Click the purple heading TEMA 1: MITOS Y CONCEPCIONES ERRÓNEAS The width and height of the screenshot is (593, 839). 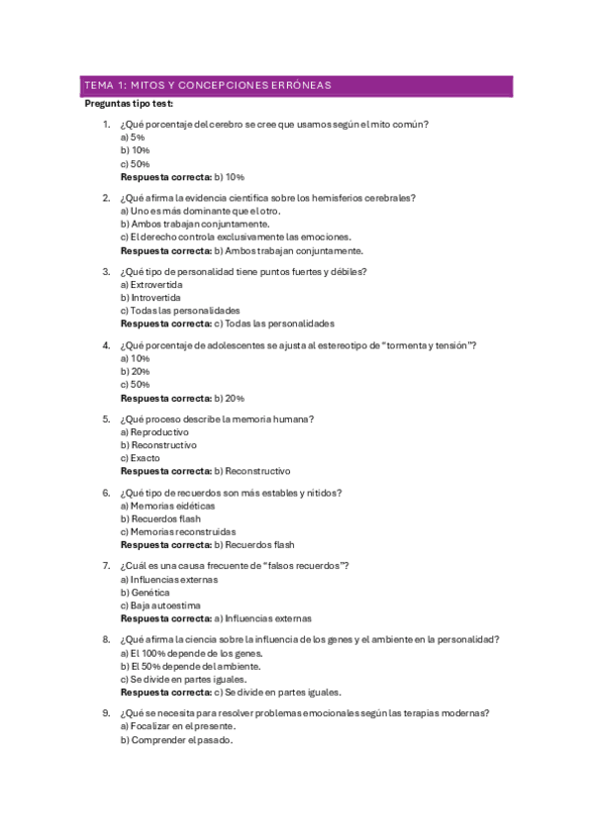(x=207, y=86)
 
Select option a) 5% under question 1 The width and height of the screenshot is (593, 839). (x=133, y=138)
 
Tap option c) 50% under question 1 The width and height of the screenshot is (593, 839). (x=135, y=163)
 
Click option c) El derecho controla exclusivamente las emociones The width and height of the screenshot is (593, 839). (x=236, y=236)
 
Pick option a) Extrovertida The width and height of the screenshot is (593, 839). (x=150, y=285)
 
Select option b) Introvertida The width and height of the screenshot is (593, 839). (x=150, y=298)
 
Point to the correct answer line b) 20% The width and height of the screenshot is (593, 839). (x=182, y=398)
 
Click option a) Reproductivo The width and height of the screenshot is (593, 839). (x=154, y=432)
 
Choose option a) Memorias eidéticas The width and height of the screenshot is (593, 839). (x=166, y=506)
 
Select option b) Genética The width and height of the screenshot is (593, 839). (x=145, y=592)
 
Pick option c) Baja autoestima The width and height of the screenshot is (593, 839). (x=160, y=605)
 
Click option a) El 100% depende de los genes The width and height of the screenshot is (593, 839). (x=191, y=654)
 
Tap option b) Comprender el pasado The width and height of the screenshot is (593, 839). (x=176, y=740)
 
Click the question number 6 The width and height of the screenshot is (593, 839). (x=106, y=492)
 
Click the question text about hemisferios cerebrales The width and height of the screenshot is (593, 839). (x=267, y=197)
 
